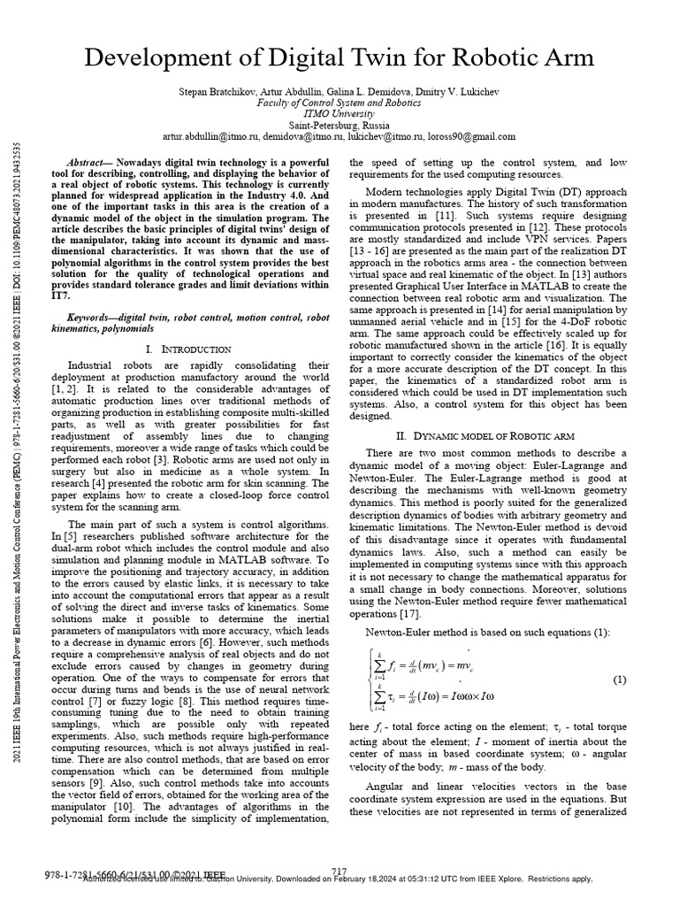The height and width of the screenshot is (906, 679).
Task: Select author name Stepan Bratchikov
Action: coord(218,92)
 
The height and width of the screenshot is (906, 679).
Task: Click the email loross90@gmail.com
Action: coord(474,137)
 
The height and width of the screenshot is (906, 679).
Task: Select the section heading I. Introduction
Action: coord(187,349)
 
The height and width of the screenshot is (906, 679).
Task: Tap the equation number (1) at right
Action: coord(619,679)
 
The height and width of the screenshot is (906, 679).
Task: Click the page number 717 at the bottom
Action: coord(339,872)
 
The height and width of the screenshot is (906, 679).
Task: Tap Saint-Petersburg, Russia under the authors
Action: coord(339,126)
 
